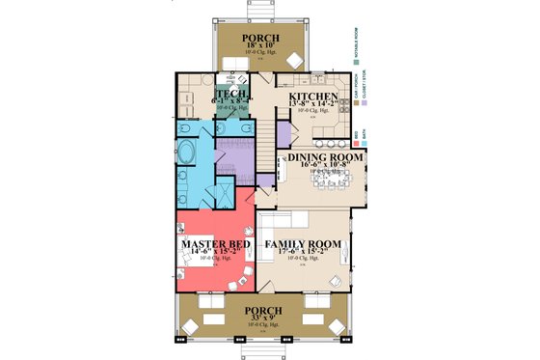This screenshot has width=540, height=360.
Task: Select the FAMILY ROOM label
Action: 304,245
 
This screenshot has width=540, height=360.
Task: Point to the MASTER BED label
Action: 216,245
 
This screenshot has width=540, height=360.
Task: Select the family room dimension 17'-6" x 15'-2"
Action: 304,256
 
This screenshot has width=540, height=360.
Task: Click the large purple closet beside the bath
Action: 232,154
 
